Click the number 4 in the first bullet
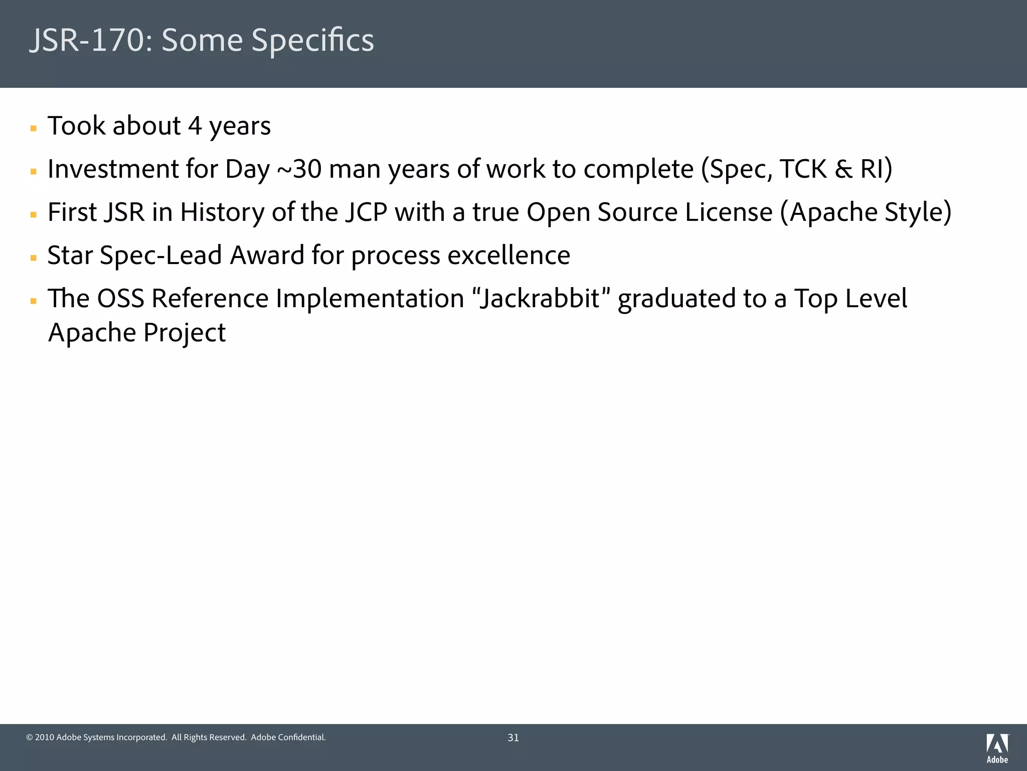(195, 126)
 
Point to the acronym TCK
(803, 169)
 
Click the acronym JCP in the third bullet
(366, 212)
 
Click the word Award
(267, 255)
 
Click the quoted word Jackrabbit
(540, 299)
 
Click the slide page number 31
(513, 737)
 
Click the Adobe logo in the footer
(997, 748)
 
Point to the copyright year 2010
(44, 737)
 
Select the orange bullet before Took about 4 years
(34, 128)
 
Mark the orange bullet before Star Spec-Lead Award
(34, 258)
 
